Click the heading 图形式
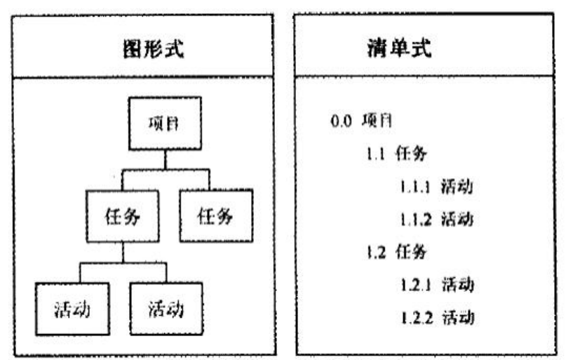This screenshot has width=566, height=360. point(154,48)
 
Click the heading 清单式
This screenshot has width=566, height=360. point(399,48)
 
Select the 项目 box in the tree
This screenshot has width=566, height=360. point(165,123)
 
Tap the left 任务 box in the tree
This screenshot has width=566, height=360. point(123,216)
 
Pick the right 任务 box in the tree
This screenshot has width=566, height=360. point(216,215)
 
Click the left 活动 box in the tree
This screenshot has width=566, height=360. point(72,309)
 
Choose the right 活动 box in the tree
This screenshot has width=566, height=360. point(166,309)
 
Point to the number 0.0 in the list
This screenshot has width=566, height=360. point(341,121)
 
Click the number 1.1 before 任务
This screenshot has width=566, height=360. point(375,154)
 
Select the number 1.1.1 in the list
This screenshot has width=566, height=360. point(415,187)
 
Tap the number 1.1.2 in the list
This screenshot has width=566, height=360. point(416,219)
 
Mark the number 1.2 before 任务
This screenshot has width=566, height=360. point(376,252)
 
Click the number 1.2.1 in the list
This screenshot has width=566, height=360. point(416,285)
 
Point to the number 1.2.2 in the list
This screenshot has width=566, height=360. point(417,318)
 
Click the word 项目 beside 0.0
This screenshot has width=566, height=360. point(377,120)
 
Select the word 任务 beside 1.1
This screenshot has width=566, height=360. point(411,154)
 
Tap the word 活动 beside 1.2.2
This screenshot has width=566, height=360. point(458,317)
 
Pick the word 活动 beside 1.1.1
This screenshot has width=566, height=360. point(457,187)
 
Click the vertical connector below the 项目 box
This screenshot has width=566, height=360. point(166,159)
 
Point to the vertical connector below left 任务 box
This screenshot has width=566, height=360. point(123,252)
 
